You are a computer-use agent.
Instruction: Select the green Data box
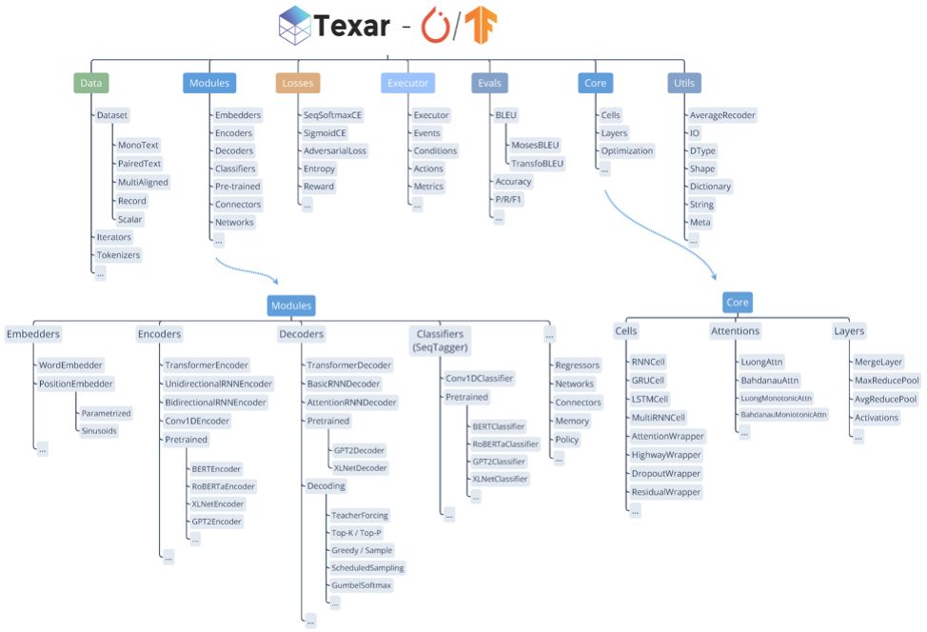pyautogui.click(x=91, y=83)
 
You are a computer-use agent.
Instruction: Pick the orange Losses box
pyautogui.click(x=298, y=83)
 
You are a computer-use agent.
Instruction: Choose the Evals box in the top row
pyautogui.click(x=489, y=83)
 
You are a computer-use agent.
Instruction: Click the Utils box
pyautogui.click(x=683, y=83)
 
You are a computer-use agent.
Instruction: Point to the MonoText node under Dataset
pyautogui.click(x=138, y=146)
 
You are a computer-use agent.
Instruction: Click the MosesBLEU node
pyautogui.click(x=535, y=145)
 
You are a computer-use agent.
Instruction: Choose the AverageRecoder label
pyautogui.click(x=722, y=115)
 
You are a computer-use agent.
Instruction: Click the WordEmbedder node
pyautogui.click(x=70, y=365)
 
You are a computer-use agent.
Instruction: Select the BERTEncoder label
pyautogui.click(x=216, y=468)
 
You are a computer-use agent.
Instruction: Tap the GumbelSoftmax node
pyautogui.click(x=361, y=585)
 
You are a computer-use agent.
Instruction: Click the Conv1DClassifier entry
pyautogui.click(x=480, y=378)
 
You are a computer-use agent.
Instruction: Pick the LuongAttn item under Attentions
pyautogui.click(x=761, y=362)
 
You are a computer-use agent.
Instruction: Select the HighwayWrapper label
pyautogui.click(x=666, y=455)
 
